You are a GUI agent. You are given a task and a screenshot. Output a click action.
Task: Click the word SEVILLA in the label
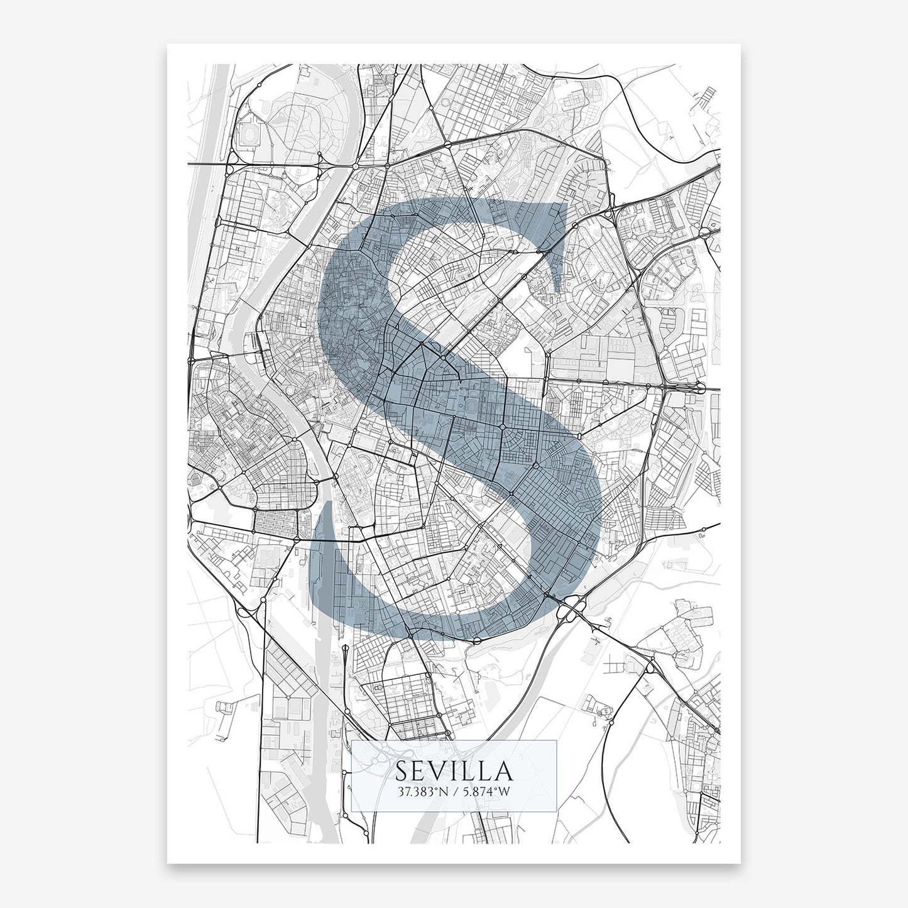pos(453,771)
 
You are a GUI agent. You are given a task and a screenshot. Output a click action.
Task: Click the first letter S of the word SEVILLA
pos(402,771)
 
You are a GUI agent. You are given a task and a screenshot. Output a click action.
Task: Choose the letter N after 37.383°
pos(444,791)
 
